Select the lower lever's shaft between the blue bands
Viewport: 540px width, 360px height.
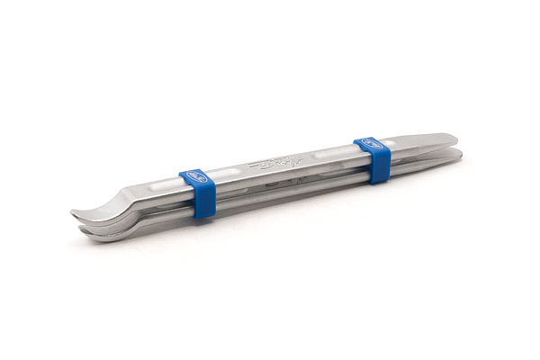pos(288,190)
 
